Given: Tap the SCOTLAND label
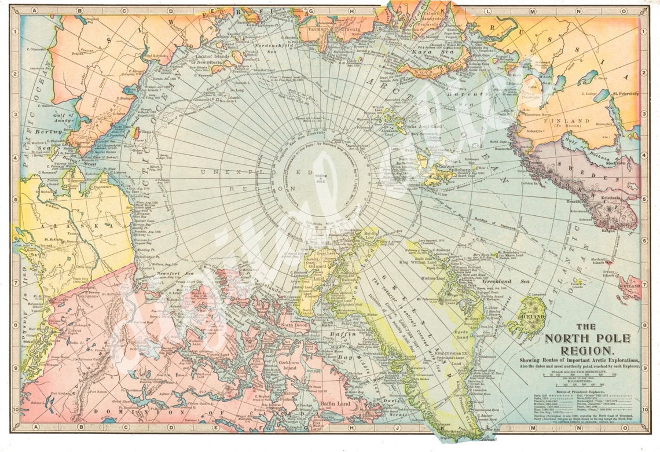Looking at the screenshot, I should tap(629, 286).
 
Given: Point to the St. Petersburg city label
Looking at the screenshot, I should tap(625, 93).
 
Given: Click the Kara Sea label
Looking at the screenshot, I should tap(426, 52).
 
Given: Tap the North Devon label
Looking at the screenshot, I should tap(294, 325).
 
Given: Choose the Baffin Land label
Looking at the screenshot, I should tap(335, 405).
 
